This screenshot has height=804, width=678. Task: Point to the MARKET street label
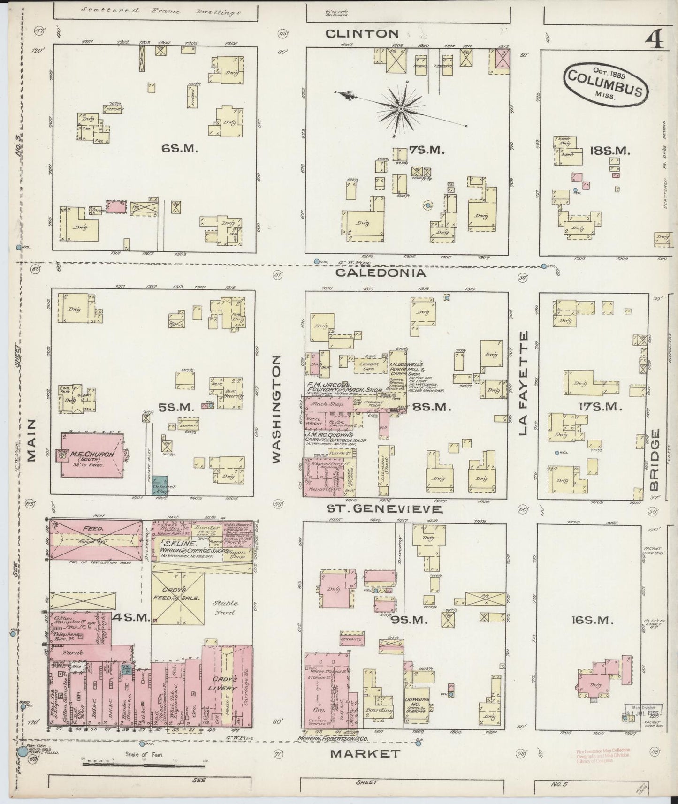coord(366,753)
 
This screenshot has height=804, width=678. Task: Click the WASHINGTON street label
coord(277,409)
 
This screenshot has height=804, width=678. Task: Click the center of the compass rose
coord(401,109)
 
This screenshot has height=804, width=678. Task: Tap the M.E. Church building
coord(92,455)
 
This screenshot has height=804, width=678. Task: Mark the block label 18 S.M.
coord(609,151)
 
